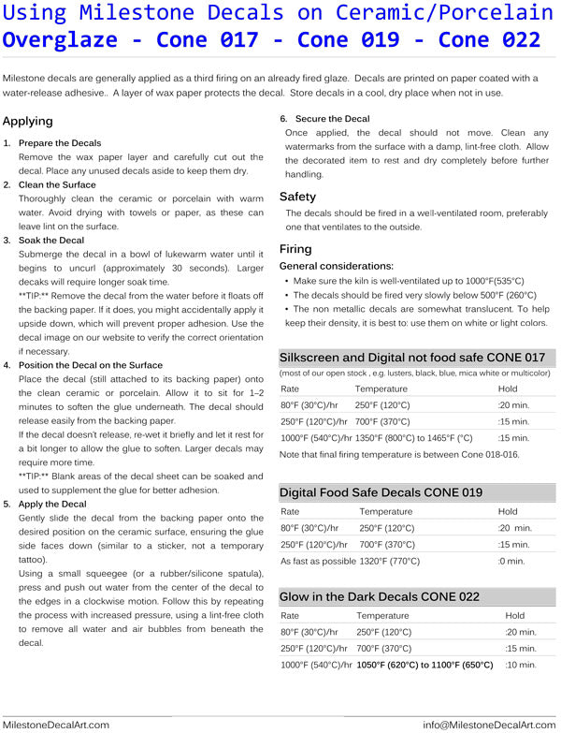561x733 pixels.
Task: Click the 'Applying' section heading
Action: click(28, 122)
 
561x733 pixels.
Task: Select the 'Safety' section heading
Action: click(298, 197)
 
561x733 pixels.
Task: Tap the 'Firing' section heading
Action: click(295, 249)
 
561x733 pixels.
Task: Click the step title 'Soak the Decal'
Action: click(50, 241)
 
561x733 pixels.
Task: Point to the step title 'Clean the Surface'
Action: click(57, 184)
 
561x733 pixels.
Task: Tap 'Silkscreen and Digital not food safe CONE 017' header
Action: click(412, 358)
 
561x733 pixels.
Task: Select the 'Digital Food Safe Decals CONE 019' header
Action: click(381, 492)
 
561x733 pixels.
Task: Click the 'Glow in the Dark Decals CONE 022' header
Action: click(380, 596)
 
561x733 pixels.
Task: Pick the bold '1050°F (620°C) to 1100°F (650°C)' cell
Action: click(424, 665)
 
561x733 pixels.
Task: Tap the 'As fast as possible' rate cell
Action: click(318, 561)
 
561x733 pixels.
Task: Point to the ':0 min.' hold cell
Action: click(511, 561)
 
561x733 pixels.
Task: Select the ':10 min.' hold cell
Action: click(521, 665)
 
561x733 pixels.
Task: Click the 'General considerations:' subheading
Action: click(337, 267)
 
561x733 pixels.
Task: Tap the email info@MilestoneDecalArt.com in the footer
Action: click(489, 725)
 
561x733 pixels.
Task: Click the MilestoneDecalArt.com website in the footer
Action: click(56, 725)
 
